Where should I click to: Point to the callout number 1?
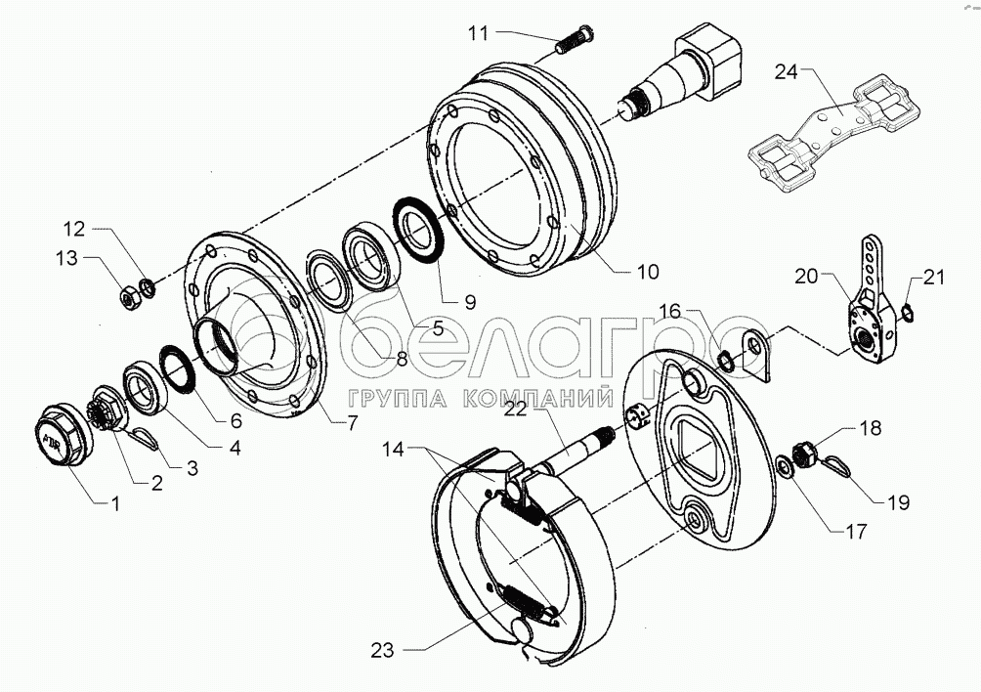pyautogui.click(x=114, y=504)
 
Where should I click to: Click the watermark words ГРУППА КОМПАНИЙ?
pyautogui.click(x=479, y=398)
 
